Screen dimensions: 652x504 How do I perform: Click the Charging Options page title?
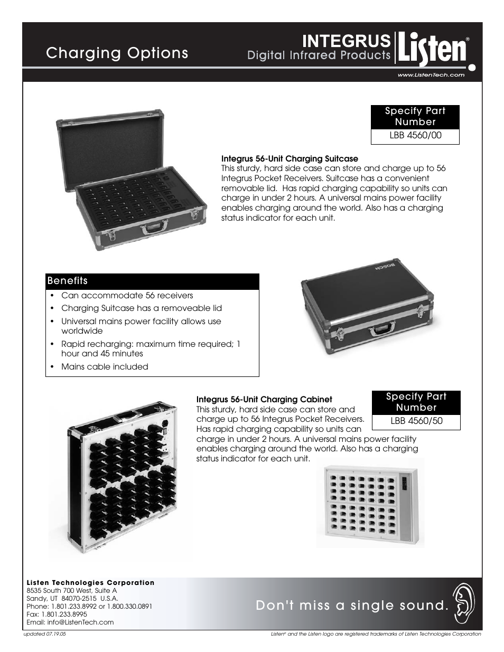click(x=117, y=53)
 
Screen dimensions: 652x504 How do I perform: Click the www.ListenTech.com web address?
click(x=430, y=75)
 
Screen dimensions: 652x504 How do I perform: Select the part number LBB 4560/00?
click(x=415, y=135)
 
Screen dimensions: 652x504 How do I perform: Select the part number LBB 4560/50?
click(x=416, y=421)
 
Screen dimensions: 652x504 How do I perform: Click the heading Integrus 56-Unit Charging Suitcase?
click(x=289, y=158)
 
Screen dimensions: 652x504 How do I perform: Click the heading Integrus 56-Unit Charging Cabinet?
click(x=264, y=399)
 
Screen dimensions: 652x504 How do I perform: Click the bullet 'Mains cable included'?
click(x=105, y=366)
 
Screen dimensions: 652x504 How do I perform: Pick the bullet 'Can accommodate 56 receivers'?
click(x=127, y=296)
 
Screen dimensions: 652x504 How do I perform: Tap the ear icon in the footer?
click(x=463, y=603)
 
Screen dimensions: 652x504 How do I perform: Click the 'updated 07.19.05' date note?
click(x=46, y=634)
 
